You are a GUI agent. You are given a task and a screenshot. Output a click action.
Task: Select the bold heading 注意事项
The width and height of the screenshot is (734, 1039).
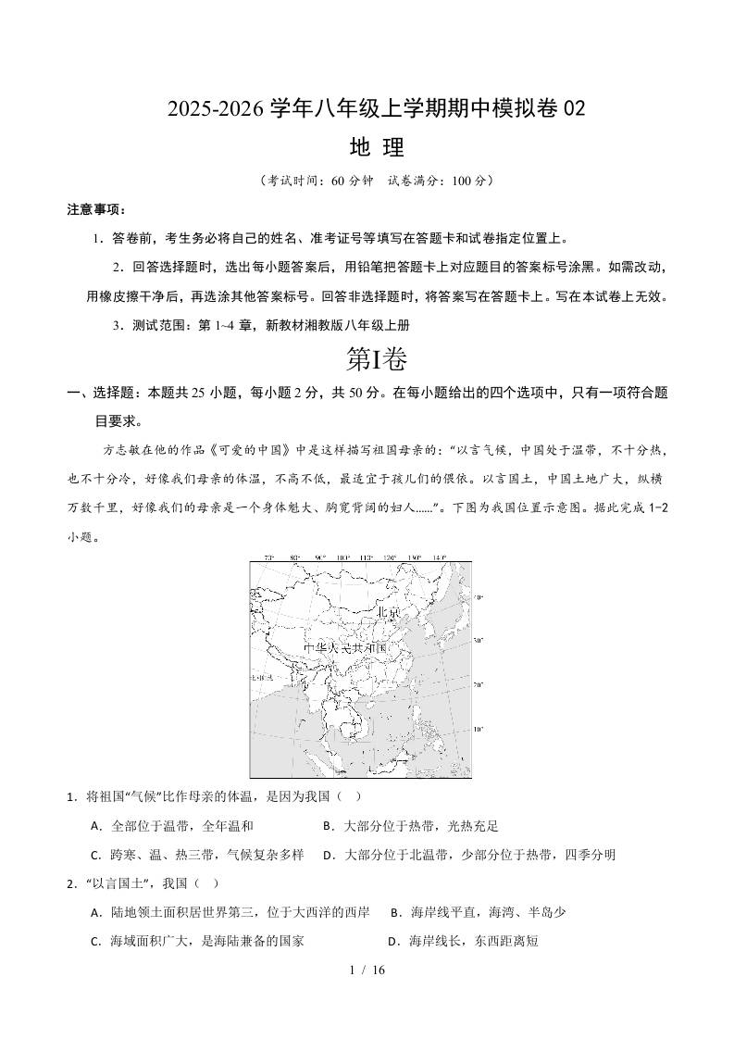point(96,209)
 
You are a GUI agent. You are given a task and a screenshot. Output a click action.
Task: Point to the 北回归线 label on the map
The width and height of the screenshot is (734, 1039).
point(261,679)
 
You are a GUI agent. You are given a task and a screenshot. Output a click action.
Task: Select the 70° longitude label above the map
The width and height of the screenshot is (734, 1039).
point(268,557)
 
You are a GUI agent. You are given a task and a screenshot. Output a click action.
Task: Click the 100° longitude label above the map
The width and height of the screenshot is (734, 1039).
point(342,557)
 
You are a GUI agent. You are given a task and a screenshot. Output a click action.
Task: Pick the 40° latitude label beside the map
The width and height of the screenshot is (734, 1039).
point(479,598)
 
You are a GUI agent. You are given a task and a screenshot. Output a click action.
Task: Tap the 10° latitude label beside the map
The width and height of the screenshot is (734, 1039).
point(479,729)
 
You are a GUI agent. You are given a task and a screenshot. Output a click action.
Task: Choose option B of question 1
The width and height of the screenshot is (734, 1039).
point(410,826)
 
